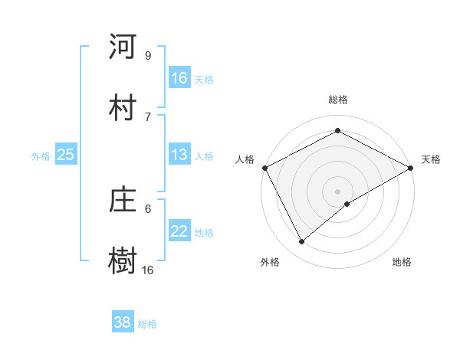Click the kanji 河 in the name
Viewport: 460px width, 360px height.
point(123,47)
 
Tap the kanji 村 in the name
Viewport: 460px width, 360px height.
point(123,106)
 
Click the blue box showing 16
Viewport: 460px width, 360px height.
point(179,78)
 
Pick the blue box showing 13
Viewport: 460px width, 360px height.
point(179,155)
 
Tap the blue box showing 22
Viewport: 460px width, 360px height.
point(179,232)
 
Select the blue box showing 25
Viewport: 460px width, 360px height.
point(66,155)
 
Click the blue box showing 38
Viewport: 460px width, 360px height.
point(123,322)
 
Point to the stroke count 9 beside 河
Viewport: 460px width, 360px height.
point(147,55)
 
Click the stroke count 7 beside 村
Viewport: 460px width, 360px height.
point(147,116)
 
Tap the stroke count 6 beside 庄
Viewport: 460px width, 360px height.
point(147,208)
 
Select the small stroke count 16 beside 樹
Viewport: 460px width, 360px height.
point(147,270)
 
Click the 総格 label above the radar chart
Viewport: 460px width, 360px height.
point(337,100)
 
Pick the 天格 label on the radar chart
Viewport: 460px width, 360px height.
point(431,159)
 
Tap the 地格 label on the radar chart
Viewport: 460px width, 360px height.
point(402,262)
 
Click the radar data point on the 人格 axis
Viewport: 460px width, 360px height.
point(264,168)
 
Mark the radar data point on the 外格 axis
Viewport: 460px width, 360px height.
point(302,242)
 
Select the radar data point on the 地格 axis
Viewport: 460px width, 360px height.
point(347,204)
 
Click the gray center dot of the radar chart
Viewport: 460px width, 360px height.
point(337,191)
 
